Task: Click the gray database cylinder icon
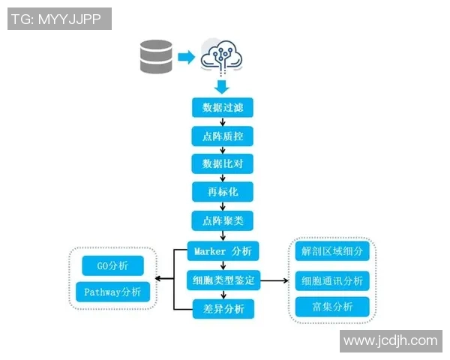click(156, 56)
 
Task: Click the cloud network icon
click(222, 54)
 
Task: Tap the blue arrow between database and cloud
click(185, 56)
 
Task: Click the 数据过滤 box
click(222, 107)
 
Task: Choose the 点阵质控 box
click(222, 136)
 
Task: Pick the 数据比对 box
click(222, 163)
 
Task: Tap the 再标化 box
click(222, 192)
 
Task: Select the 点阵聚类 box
click(222, 220)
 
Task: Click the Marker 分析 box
click(222, 251)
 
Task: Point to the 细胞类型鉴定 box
click(222, 280)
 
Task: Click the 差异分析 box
click(222, 308)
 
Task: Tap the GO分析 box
click(113, 265)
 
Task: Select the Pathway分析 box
click(113, 292)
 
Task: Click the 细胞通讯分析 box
click(331, 280)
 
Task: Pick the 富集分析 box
click(331, 306)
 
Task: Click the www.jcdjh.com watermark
click(390, 340)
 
